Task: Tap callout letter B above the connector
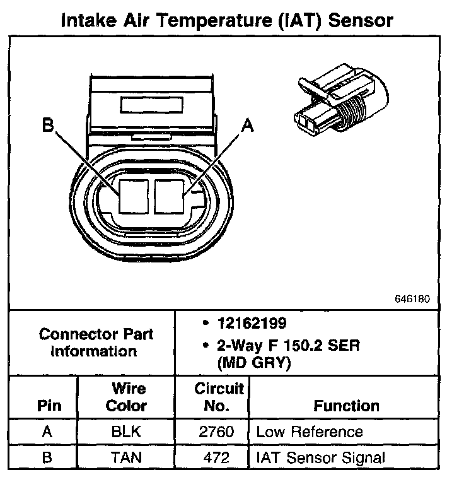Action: coord(49,125)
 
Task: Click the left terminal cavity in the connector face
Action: coord(134,195)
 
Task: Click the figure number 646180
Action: coord(412,298)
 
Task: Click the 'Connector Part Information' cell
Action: coord(96,343)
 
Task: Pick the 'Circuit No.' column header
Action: coord(218,397)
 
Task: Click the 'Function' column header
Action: coord(346,406)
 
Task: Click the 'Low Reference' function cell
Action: coord(309,433)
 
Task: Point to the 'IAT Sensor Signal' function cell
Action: coord(320,457)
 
